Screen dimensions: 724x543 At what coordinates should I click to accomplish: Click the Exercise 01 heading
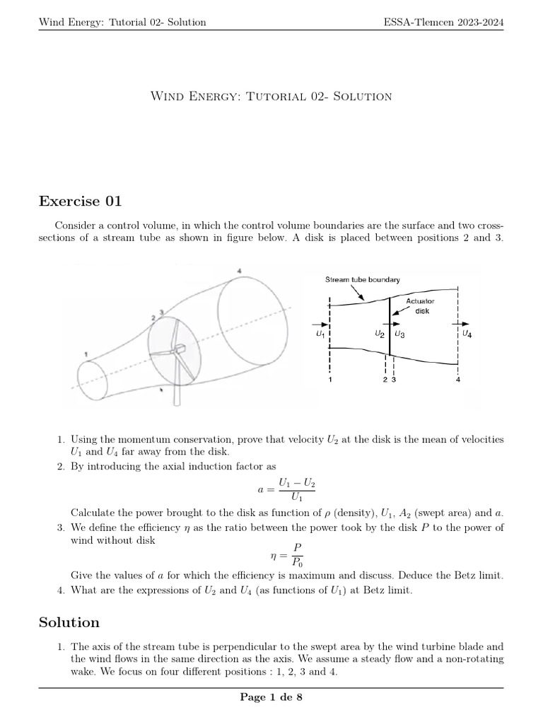[x=80, y=202]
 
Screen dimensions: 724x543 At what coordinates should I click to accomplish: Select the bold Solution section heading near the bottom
[x=69, y=622]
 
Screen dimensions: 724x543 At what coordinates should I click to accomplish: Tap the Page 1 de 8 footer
[x=271, y=698]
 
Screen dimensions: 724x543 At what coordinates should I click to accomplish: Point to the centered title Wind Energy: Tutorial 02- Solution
[x=271, y=96]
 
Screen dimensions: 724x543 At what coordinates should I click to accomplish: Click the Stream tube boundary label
[x=362, y=279]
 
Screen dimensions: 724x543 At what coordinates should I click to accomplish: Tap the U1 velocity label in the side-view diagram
[x=321, y=333]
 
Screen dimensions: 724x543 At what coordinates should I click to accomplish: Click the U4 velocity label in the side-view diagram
[x=467, y=333]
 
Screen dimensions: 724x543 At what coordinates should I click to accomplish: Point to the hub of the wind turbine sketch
[x=179, y=349]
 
